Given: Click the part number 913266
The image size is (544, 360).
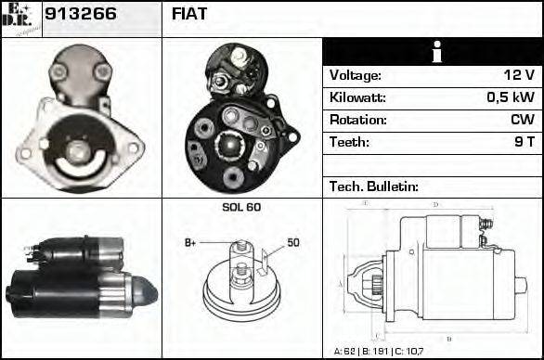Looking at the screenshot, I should coord(79,16).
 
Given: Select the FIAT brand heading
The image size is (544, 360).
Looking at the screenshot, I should coord(190,16).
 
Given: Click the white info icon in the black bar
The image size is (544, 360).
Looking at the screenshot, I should coord(433,52).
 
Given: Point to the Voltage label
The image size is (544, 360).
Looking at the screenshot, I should coord(356,75).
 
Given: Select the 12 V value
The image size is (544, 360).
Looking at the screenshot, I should coord(519,75).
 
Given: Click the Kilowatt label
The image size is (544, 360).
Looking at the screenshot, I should coord(357,97).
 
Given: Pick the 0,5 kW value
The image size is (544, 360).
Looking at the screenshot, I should coord(512,97).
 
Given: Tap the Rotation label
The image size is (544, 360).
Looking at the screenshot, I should coord(357,120).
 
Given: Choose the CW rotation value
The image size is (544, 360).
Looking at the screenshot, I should coord(522,120).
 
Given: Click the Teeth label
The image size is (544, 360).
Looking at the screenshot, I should coord(349,142).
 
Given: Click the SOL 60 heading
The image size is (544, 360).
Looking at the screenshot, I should coord(241,207).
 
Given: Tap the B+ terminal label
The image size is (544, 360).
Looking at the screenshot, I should coord(190,243).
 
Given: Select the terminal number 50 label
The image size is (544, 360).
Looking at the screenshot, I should coord(292,242).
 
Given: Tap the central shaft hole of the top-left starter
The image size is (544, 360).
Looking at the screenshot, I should coord(79,149).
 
